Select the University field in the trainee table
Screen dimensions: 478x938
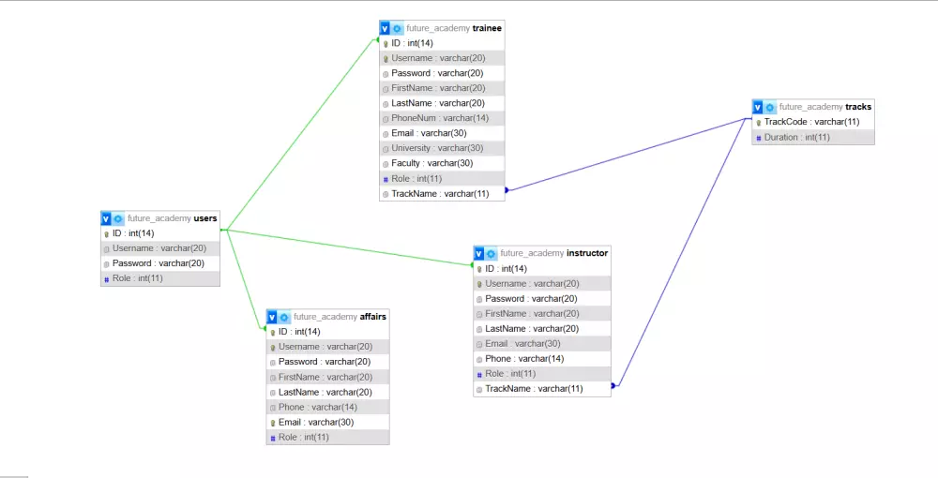click(437, 148)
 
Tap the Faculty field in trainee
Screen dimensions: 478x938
click(431, 163)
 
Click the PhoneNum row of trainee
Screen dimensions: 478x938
click(440, 118)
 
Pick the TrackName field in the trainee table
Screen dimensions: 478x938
click(440, 194)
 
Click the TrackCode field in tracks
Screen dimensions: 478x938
click(811, 122)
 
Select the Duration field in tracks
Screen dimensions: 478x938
click(796, 138)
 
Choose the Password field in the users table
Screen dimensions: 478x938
click(159, 263)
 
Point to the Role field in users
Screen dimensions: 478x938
click(137, 278)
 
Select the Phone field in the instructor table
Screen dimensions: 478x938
click(524, 359)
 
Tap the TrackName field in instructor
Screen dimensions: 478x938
click(534, 389)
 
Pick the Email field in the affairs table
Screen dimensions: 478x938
click(316, 422)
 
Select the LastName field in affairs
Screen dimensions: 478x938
click(325, 392)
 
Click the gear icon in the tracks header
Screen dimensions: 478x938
click(770, 107)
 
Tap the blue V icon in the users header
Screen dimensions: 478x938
click(106, 218)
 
